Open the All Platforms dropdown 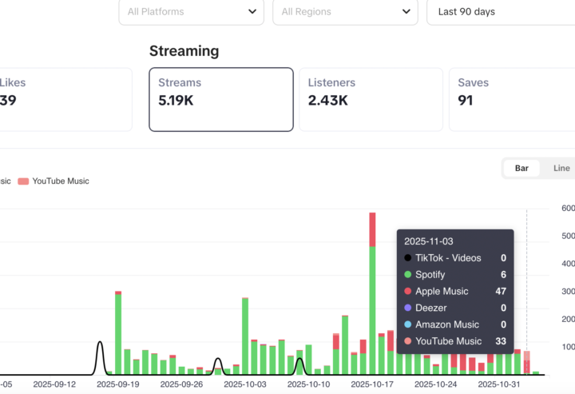click(x=192, y=12)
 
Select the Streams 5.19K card click(x=220, y=99)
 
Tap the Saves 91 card click(x=511, y=99)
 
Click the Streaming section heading click(x=184, y=51)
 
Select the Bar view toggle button click(x=521, y=168)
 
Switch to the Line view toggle click(x=561, y=168)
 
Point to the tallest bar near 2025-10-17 click(x=372, y=296)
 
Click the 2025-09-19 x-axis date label click(x=117, y=384)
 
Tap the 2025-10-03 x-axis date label click(x=245, y=384)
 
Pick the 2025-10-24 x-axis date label click(x=436, y=384)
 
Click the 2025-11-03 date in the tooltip click(x=428, y=241)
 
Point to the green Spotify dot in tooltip click(x=408, y=275)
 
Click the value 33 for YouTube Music click(x=500, y=341)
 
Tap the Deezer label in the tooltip click(x=430, y=308)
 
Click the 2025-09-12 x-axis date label click(x=54, y=384)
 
